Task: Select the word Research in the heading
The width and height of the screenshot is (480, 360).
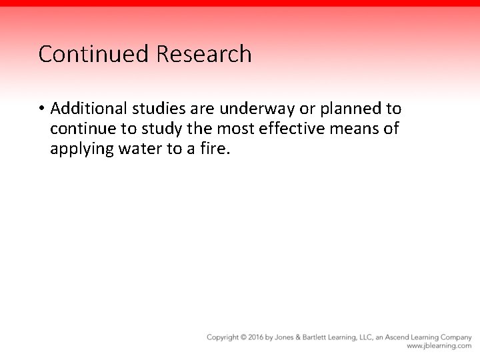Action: pyautogui.click(x=204, y=54)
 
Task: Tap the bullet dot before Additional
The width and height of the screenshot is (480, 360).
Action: pyautogui.click(x=41, y=109)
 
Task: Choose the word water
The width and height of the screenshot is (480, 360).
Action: pyautogui.click(x=144, y=148)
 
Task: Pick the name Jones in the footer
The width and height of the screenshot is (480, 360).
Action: pyautogui.click(x=289, y=337)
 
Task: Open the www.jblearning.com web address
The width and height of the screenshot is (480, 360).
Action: pyautogui.click(x=439, y=346)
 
